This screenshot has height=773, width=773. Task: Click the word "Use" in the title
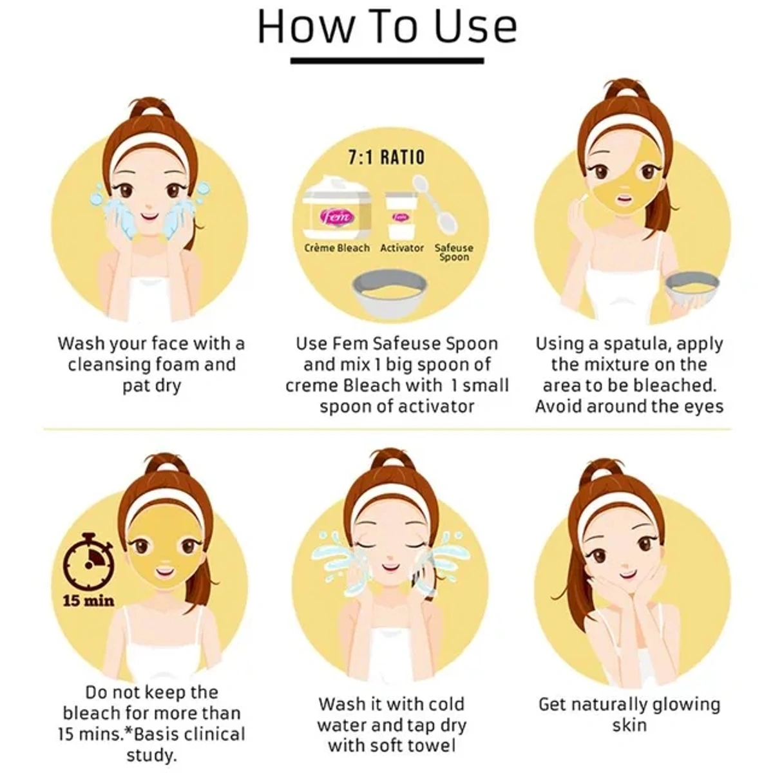point(476,27)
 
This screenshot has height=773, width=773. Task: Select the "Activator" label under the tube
point(402,248)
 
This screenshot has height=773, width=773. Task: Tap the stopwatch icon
point(89,564)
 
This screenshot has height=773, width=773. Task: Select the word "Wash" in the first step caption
point(81,344)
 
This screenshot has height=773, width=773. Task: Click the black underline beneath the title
point(387,61)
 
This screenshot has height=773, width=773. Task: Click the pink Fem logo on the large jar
point(337,217)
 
